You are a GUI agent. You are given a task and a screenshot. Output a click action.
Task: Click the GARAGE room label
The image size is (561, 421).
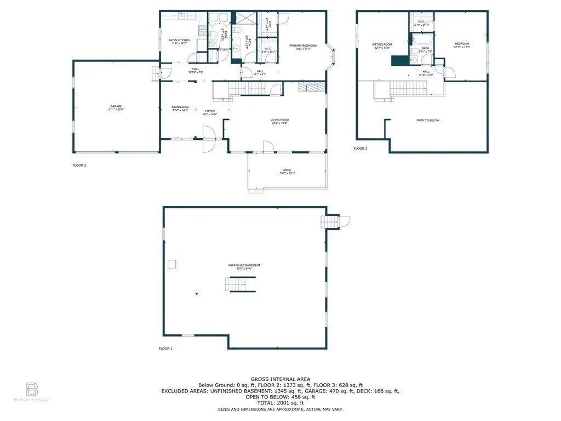(x=116, y=106)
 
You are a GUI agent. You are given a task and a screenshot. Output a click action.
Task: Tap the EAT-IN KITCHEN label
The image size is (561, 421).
(x=179, y=40)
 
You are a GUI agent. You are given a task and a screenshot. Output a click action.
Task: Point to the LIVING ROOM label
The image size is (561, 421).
(x=279, y=120)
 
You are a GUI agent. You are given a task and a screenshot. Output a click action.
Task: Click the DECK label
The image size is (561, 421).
(x=287, y=170)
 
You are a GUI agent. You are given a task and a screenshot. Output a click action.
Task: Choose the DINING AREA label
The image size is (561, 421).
(x=180, y=107)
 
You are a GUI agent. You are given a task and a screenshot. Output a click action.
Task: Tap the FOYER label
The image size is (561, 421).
(x=210, y=111)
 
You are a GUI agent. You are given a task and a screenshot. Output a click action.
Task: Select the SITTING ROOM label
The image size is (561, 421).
(x=383, y=44)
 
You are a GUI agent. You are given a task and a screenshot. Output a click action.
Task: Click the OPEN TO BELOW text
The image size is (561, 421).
(x=427, y=120)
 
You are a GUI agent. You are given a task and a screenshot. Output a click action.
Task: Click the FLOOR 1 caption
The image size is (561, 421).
(x=165, y=349)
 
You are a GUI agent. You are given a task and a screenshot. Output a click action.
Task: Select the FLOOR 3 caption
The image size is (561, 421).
(x=360, y=149)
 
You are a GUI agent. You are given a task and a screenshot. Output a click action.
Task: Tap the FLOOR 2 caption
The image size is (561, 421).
(x=79, y=165)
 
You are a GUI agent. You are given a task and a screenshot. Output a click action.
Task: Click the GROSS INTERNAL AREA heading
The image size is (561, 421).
(x=280, y=379)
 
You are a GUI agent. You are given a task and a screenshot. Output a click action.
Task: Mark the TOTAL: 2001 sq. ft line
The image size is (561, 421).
(x=280, y=403)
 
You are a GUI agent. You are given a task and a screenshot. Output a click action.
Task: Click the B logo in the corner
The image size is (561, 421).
(x=32, y=390)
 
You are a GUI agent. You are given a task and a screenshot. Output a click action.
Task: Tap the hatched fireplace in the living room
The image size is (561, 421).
(x=307, y=87)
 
